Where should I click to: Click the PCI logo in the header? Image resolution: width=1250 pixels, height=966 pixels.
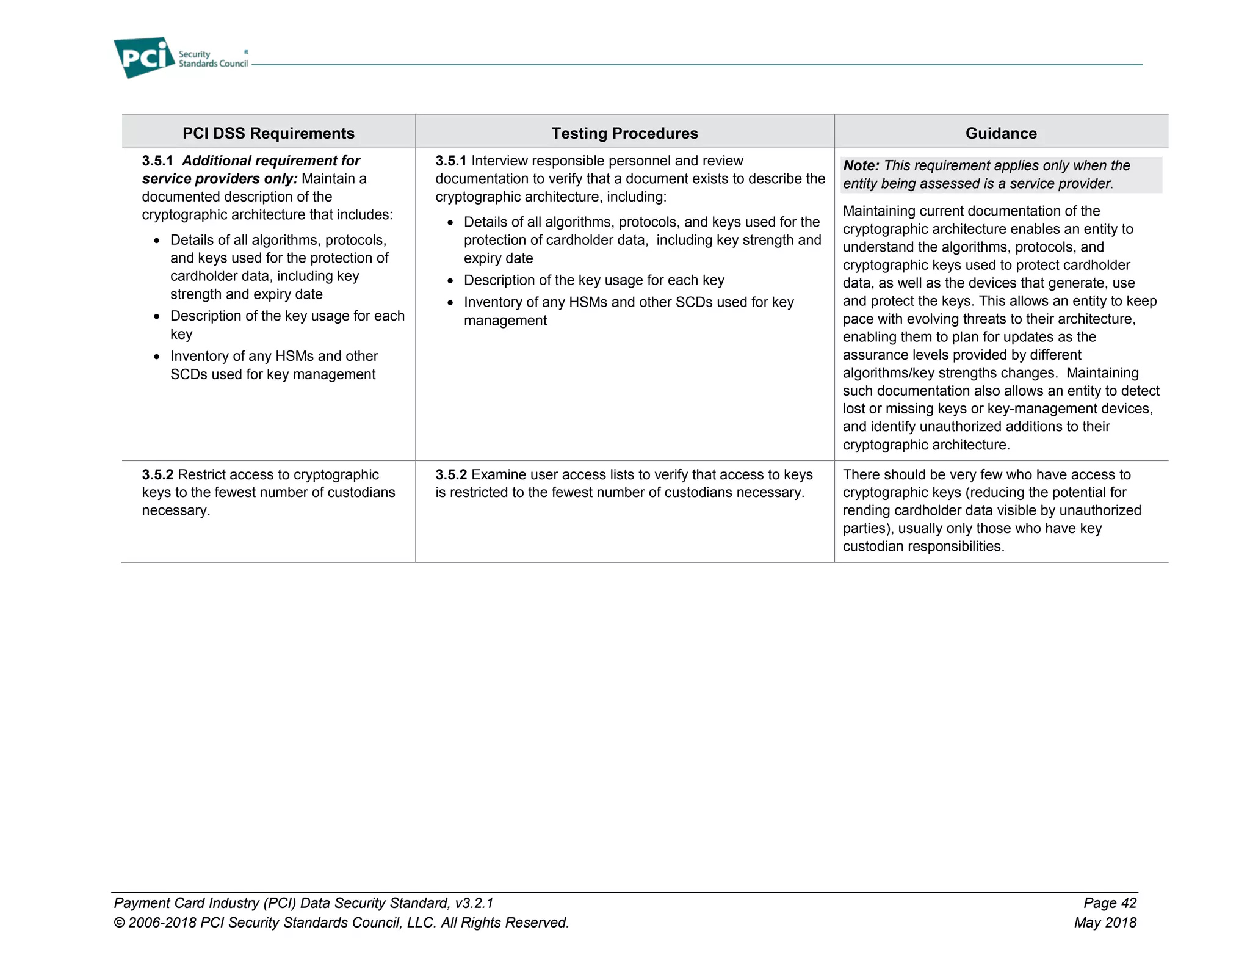click(144, 57)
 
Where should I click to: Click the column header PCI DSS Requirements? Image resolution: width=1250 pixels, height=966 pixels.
click(269, 133)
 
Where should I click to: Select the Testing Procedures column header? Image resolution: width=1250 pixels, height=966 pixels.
click(624, 133)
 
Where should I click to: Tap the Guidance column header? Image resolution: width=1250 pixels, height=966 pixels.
click(1001, 133)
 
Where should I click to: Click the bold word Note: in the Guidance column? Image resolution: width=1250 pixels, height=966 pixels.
click(861, 165)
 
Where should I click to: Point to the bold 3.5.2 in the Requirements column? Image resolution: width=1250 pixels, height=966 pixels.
click(157, 474)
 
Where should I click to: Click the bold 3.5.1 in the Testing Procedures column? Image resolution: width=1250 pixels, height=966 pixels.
click(450, 161)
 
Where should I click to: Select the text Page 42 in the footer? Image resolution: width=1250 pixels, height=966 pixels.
click(1110, 902)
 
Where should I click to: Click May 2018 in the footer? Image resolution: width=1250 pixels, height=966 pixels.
click(1105, 922)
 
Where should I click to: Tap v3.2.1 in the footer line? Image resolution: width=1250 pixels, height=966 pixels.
click(474, 902)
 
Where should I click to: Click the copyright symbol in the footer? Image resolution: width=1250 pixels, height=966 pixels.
click(120, 923)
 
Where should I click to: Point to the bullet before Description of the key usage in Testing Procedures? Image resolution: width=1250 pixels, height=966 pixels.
click(450, 281)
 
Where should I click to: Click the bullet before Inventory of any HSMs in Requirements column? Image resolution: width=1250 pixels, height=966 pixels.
click(157, 357)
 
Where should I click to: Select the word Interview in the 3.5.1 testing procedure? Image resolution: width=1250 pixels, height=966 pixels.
click(499, 161)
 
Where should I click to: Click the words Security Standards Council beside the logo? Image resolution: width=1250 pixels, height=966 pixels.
click(212, 59)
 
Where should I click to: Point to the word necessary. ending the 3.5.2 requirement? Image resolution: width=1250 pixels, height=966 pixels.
click(176, 510)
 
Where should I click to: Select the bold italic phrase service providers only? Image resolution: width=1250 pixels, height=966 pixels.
click(220, 179)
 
